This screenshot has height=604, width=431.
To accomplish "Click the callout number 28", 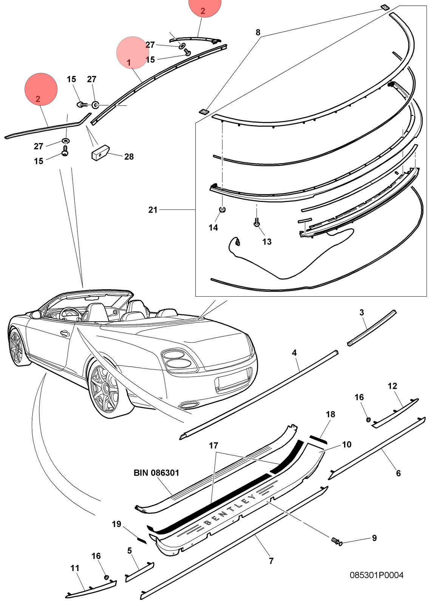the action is click(x=129, y=157).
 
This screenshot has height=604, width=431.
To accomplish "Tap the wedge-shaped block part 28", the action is click(x=100, y=153).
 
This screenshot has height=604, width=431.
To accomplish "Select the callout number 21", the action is click(x=153, y=210).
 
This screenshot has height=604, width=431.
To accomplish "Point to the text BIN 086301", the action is click(x=156, y=473).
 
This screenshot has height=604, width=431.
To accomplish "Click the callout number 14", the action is click(x=213, y=228).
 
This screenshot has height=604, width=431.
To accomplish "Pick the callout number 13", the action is click(x=267, y=242).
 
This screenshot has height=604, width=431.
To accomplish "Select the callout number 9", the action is click(x=374, y=538).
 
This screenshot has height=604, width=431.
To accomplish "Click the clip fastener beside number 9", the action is click(x=337, y=541).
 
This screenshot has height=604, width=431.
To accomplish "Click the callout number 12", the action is click(x=392, y=386).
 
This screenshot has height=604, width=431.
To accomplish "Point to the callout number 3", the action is click(x=361, y=313).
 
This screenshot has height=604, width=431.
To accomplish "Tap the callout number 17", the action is click(x=213, y=446).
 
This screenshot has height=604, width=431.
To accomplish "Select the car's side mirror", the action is click(x=36, y=314).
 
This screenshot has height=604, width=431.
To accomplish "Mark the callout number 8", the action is click(x=258, y=32).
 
